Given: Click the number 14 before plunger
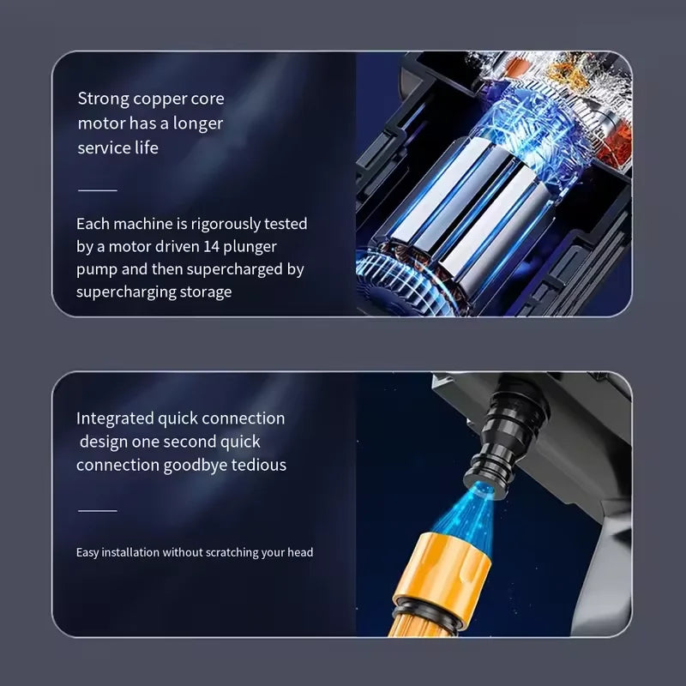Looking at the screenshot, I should point(218,247).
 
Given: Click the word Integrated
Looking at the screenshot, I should point(114,419).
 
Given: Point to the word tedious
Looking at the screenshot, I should point(258,465).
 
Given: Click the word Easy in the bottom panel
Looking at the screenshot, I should point(87,552).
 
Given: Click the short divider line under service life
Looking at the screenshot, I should point(97,190).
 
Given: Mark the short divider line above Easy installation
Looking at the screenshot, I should point(97,510).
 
